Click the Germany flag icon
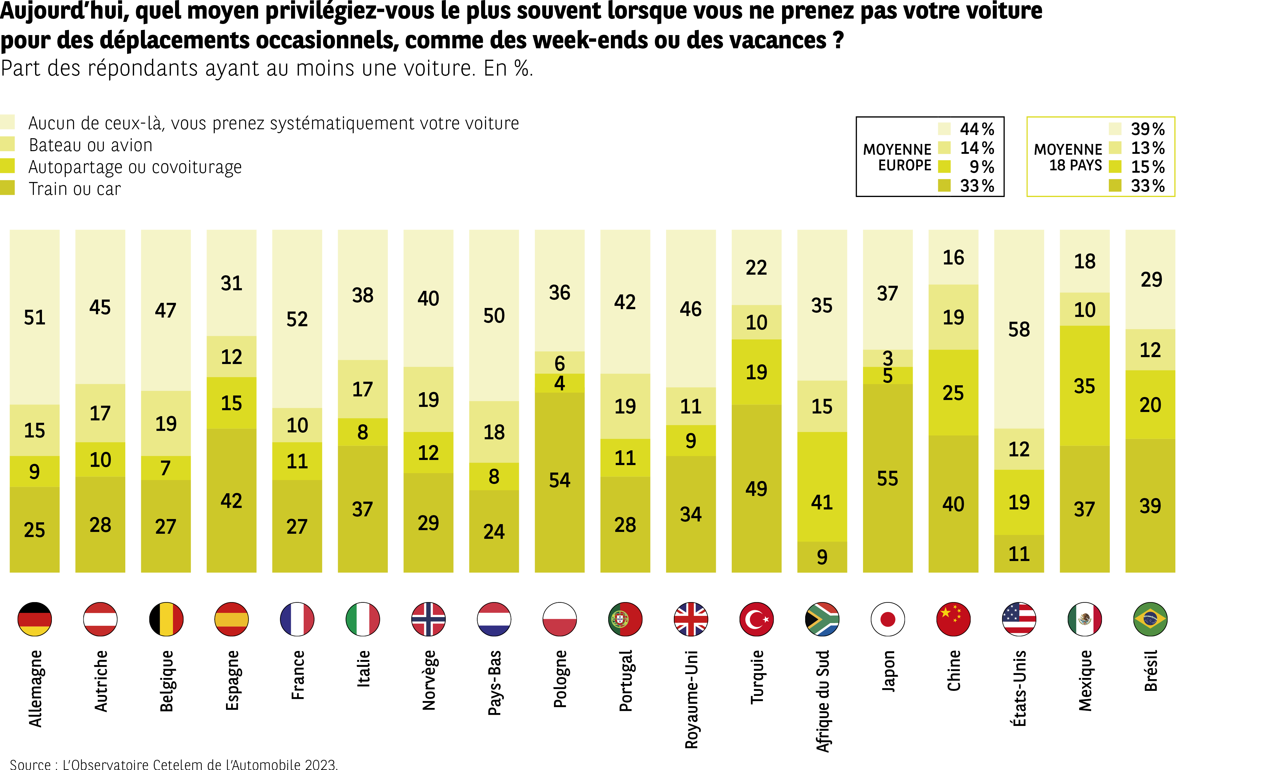(x=35, y=619)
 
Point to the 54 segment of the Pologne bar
(x=559, y=480)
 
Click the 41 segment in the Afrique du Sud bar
(x=822, y=502)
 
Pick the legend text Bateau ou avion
(x=91, y=145)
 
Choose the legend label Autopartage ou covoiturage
(x=135, y=167)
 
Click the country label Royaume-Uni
(x=691, y=699)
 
